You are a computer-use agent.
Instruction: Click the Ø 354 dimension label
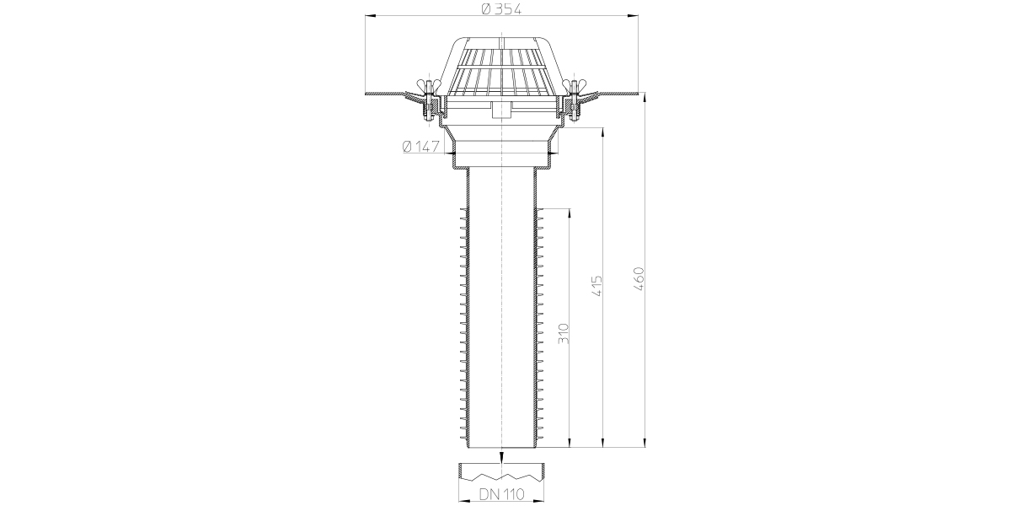click(501, 8)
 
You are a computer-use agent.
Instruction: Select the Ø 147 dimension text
click(420, 147)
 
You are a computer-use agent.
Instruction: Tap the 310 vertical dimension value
click(564, 333)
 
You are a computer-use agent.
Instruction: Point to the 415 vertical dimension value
click(596, 286)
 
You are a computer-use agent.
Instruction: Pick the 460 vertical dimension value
click(639, 279)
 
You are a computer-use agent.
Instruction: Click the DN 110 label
click(501, 494)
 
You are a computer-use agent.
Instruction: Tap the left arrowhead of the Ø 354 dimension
click(370, 16)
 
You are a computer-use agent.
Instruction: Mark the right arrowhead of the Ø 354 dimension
click(633, 16)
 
